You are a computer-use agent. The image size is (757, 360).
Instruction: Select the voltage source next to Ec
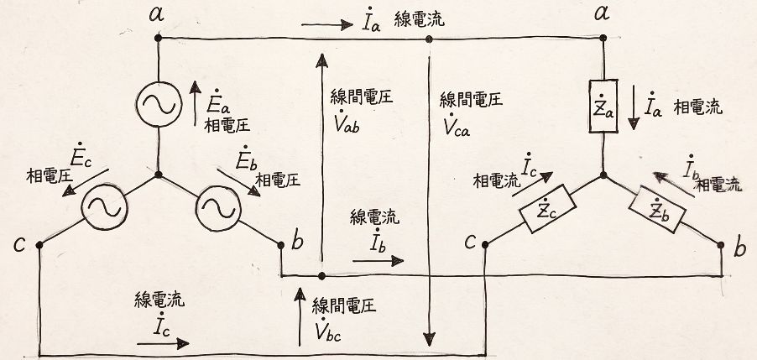coord(102,206)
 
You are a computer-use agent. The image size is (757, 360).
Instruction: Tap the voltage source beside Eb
coord(218,206)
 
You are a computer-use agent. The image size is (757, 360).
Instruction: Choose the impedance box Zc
coord(547,211)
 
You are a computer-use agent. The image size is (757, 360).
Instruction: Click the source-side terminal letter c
coord(22,244)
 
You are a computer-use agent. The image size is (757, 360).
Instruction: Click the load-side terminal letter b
coord(739,249)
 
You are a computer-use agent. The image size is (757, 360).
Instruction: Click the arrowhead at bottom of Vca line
coord(430,339)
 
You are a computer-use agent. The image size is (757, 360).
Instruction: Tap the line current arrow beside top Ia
coord(327,26)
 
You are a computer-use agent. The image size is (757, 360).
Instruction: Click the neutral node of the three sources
coord(158,175)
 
